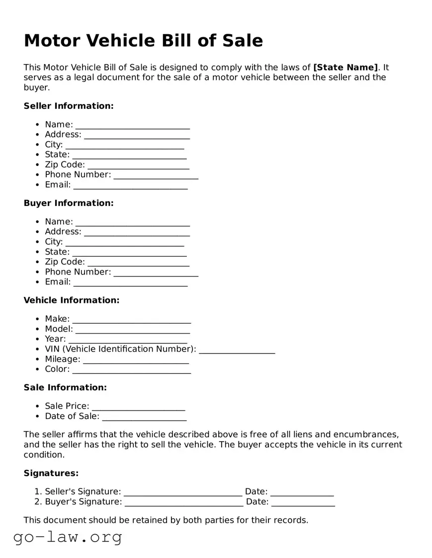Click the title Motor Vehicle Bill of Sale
(143, 40)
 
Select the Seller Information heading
(69, 106)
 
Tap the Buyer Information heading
(69, 203)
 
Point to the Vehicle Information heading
(72, 300)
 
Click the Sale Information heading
(65, 388)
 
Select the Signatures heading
(51, 474)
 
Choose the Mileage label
(62, 359)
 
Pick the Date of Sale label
(72, 417)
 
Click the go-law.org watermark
(68, 537)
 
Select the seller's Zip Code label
(65, 164)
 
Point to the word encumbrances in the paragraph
(365, 434)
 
